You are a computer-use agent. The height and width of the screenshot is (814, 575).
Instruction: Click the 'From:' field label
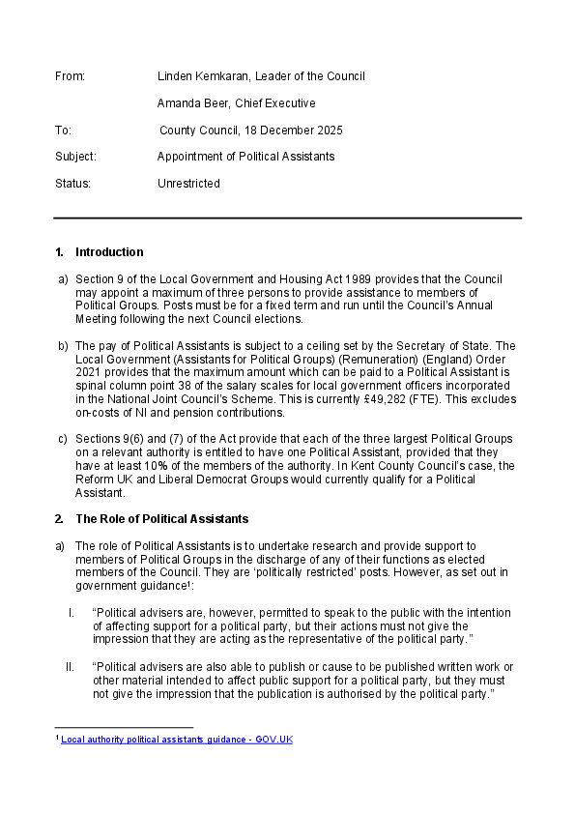click(x=71, y=76)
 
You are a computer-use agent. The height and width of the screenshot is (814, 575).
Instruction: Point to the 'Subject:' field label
click(x=75, y=157)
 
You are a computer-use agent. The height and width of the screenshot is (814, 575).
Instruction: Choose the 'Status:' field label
click(x=72, y=184)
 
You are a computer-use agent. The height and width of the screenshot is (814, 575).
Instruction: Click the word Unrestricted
click(x=188, y=184)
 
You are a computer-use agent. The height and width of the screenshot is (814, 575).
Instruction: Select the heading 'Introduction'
click(x=109, y=252)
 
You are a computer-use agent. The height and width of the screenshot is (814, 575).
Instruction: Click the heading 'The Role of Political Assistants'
click(x=161, y=519)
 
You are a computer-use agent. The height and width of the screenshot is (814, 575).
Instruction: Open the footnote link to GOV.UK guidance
click(x=177, y=740)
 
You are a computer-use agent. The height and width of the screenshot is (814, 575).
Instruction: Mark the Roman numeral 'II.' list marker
click(x=70, y=666)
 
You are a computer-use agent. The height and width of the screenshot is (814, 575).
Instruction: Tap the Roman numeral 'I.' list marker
click(x=72, y=613)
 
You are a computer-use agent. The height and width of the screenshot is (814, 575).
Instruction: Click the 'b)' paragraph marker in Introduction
click(x=63, y=345)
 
